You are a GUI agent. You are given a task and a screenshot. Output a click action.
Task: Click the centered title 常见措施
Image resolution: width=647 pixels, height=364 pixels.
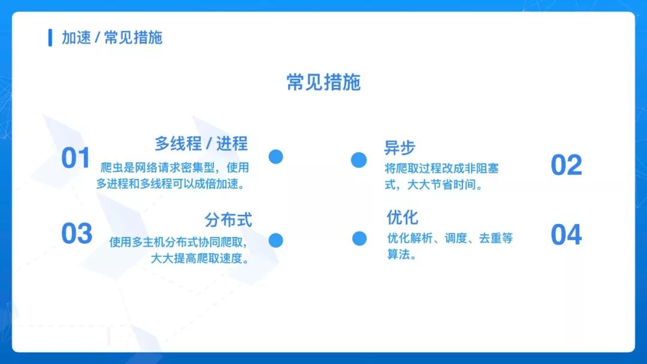click(x=323, y=82)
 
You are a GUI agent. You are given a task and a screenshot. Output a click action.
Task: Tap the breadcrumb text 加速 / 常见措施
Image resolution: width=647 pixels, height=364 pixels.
click(x=112, y=38)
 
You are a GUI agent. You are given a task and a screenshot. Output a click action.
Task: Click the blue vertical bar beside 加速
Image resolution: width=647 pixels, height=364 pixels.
click(x=50, y=38)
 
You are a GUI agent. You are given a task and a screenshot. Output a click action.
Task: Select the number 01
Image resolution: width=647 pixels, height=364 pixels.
click(x=75, y=158)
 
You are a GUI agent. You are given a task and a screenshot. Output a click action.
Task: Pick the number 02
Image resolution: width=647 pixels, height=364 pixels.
click(x=566, y=165)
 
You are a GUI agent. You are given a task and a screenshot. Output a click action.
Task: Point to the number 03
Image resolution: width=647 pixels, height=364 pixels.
click(x=77, y=233)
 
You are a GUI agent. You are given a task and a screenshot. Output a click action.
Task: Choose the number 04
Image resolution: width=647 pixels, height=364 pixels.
click(x=566, y=235)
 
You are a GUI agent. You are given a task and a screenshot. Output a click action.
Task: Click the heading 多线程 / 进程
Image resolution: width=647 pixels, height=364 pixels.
click(x=201, y=144)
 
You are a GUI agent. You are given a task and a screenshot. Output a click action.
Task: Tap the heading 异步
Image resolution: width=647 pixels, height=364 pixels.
click(x=400, y=148)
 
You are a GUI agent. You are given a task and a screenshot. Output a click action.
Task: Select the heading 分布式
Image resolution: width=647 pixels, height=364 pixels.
click(x=228, y=220)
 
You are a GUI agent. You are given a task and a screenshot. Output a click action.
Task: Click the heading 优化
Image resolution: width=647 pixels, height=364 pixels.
click(x=403, y=217)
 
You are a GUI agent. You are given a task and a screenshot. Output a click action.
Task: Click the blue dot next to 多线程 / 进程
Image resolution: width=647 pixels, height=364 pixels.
click(x=276, y=157)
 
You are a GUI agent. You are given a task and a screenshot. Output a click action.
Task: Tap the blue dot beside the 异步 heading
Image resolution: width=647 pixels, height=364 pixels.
click(x=359, y=160)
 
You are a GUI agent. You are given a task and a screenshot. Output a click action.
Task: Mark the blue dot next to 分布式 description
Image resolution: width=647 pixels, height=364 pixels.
click(x=276, y=240)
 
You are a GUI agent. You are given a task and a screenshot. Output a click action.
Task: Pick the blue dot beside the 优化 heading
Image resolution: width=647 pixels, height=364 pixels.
click(x=359, y=238)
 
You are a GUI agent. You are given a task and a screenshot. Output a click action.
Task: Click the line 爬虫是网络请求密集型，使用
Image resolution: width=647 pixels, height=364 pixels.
click(x=175, y=168)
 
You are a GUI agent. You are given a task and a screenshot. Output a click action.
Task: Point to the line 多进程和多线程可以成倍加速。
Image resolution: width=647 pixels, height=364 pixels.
click(x=171, y=184)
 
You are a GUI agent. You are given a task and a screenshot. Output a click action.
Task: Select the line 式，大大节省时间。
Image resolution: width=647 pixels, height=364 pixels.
click(x=434, y=184)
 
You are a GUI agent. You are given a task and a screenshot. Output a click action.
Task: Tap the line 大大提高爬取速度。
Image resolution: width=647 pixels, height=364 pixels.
click(x=200, y=259)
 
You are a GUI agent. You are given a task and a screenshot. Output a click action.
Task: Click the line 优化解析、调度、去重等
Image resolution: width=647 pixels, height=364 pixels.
click(x=450, y=238)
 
